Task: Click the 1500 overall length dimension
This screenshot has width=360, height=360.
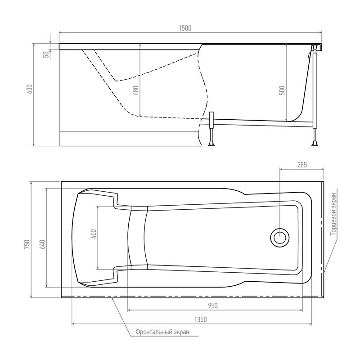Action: click(185, 28)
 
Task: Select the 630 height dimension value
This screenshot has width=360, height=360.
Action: click(30, 89)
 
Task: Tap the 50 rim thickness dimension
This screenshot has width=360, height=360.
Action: click(45, 54)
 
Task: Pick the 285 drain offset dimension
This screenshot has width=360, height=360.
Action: click(301, 165)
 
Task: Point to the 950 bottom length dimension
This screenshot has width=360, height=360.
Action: click(213, 306)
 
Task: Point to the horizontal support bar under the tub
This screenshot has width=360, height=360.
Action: click(261, 121)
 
